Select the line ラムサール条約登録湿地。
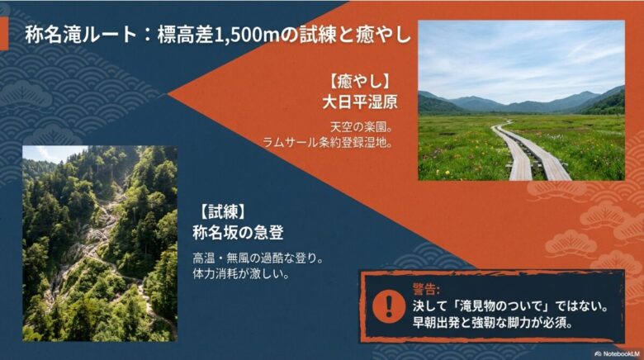[327, 141]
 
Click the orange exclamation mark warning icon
[384, 305]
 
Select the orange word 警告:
[426, 289]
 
